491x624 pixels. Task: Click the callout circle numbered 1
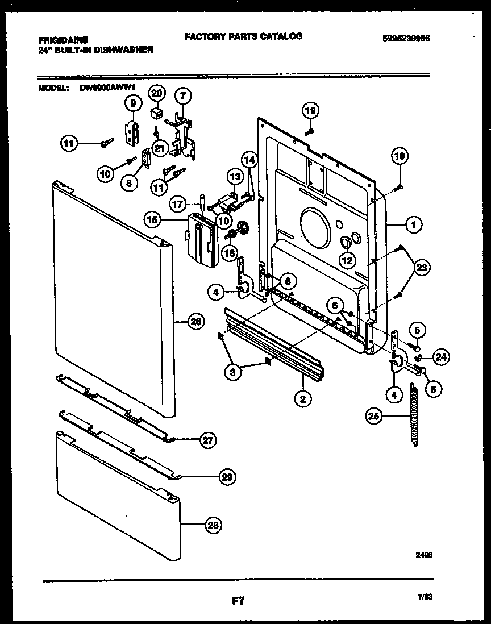coord(413,226)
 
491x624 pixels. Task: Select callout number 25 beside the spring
coord(373,417)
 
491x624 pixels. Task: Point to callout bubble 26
coord(195,322)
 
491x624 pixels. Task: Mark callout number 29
coord(228,477)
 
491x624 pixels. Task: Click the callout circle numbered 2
coord(303,400)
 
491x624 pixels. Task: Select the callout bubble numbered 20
coord(156,93)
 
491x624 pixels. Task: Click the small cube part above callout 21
coord(154,113)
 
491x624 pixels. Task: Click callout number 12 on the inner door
coord(346,260)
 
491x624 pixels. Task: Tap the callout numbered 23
coord(422,267)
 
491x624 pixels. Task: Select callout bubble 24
coord(440,357)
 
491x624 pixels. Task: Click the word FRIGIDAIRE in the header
coord(63,40)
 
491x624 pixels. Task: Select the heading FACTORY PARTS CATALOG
coord(243,36)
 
